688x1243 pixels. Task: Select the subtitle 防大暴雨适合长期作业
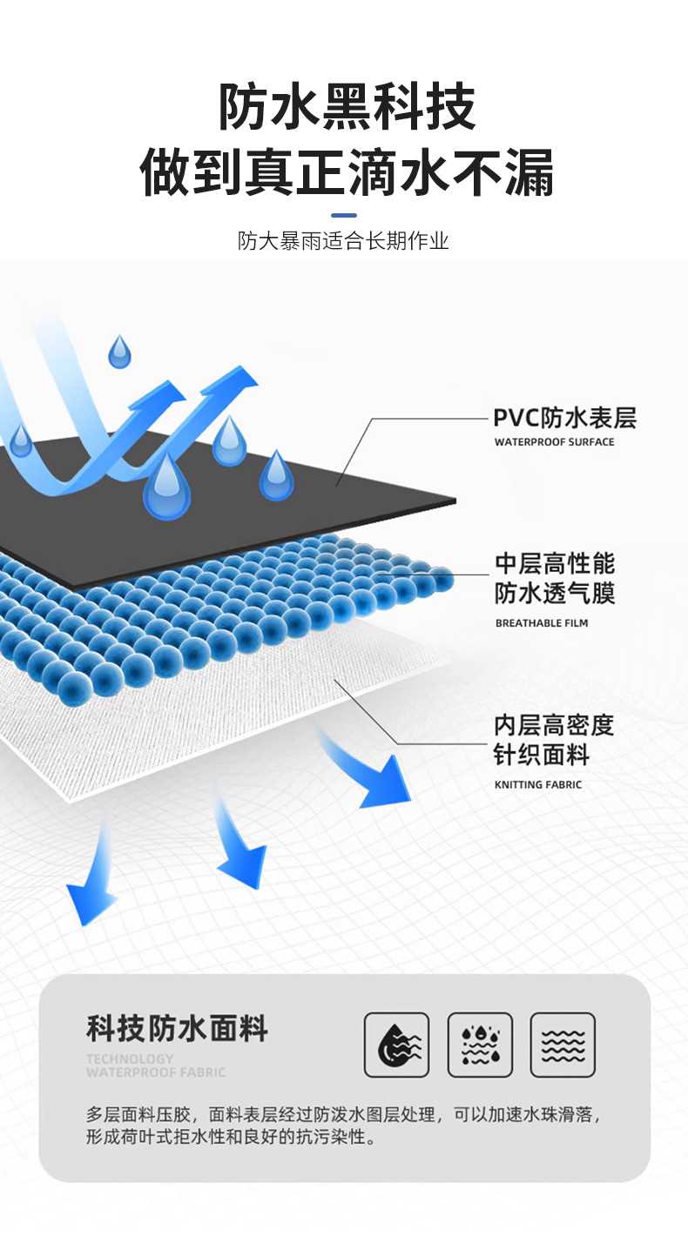(x=343, y=241)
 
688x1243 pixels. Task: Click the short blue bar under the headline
(x=344, y=215)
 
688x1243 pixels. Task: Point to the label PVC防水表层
(x=564, y=419)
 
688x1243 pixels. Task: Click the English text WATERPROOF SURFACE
(x=554, y=442)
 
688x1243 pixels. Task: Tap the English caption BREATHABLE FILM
(x=541, y=623)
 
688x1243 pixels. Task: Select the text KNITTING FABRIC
(x=537, y=785)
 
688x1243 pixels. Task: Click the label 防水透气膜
(x=555, y=594)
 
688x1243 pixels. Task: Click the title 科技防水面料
(x=177, y=1028)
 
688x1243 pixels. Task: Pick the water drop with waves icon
(x=396, y=1045)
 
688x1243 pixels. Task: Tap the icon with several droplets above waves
(x=480, y=1045)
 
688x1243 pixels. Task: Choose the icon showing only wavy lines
(x=563, y=1045)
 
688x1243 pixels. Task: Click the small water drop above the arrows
(x=119, y=353)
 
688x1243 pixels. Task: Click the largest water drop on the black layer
(x=166, y=487)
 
